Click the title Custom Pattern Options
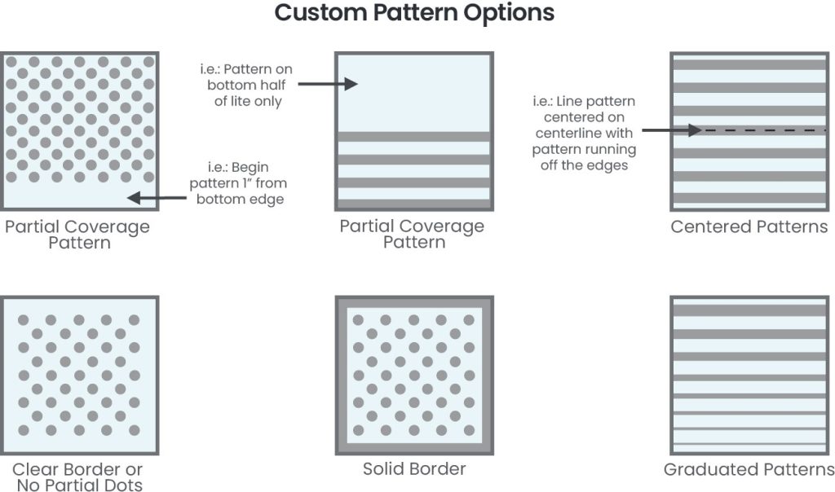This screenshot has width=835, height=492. (x=414, y=14)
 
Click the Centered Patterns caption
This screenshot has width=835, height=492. (x=749, y=226)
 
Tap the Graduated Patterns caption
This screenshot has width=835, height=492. (x=749, y=469)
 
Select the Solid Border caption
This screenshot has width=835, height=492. (x=414, y=469)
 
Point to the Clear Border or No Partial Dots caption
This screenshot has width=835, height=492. (x=77, y=477)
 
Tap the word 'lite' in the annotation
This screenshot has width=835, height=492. (x=267, y=102)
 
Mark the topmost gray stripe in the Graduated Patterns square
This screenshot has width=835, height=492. (x=749, y=310)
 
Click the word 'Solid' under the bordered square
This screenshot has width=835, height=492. (x=384, y=469)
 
